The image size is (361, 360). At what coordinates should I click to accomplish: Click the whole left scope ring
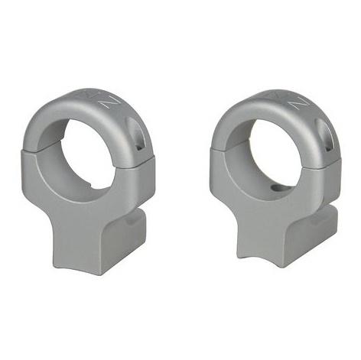(88, 183)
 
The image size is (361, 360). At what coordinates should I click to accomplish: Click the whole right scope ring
(275, 183)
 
